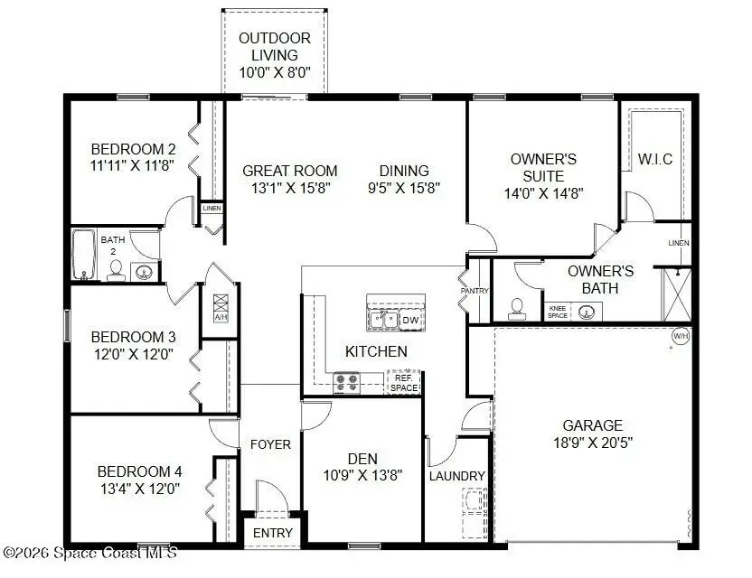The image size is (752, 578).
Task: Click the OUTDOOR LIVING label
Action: coord(274,56)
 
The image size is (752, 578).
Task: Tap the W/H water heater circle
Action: coord(680,337)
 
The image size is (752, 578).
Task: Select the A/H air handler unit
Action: coord(221,308)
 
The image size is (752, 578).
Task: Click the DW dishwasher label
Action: coord(409,319)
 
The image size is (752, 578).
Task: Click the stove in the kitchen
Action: coord(346,383)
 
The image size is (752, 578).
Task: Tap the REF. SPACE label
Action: coord(403,383)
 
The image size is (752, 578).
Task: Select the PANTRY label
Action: coord(474,291)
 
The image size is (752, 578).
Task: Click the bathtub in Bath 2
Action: coord(83,255)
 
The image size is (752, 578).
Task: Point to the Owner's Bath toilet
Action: coord(517,308)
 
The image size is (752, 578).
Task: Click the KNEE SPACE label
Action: coord(558,312)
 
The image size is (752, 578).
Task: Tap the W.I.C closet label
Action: coord(655,159)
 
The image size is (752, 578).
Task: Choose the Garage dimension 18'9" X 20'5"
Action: coord(593,443)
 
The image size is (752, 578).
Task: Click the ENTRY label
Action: coord(272,533)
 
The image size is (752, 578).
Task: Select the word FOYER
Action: coord(270,444)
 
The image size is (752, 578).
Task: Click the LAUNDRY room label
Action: coord(457,476)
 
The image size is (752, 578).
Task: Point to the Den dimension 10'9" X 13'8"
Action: coord(362,475)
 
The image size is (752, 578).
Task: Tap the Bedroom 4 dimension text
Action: coord(140,489)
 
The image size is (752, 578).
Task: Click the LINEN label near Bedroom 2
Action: coord(211,209)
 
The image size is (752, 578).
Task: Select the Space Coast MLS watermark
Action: coord(90,552)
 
